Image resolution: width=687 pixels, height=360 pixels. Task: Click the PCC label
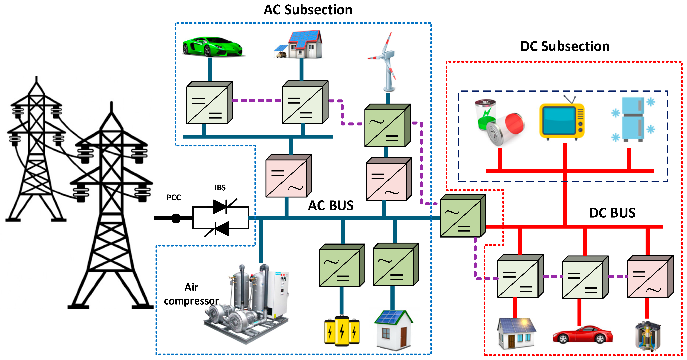tap(174, 197)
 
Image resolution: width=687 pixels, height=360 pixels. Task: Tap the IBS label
tap(220, 188)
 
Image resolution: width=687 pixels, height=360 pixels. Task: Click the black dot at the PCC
tap(176, 218)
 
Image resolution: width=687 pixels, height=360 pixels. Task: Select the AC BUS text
tap(331, 206)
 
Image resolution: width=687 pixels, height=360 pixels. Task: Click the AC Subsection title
tap(308, 10)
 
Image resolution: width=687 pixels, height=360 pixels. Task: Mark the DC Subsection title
tap(565, 46)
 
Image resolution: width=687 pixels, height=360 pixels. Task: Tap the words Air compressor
tap(191, 294)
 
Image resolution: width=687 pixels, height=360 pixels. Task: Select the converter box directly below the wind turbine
tap(387, 125)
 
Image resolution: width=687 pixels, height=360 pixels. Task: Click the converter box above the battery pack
tap(342, 266)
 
